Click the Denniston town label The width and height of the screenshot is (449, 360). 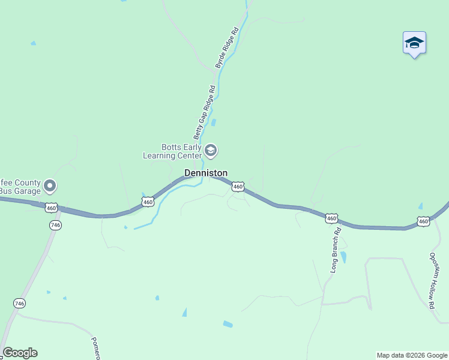tap(205, 173)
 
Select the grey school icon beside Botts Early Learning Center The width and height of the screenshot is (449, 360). tap(211, 150)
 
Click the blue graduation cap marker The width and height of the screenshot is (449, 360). tap(414, 43)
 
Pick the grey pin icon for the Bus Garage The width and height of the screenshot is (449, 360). tap(50, 186)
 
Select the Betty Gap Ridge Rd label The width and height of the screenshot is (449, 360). tap(204, 112)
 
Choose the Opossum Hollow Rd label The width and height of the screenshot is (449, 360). tap(432, 280)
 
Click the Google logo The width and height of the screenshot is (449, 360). tap(20, 353)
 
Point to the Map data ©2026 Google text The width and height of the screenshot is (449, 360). tap(412, 355)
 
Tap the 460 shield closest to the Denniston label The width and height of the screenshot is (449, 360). tap(238, 187)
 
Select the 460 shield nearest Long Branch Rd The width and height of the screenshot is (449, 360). tap(331, 218)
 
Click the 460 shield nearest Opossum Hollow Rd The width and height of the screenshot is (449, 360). tap(424, 221)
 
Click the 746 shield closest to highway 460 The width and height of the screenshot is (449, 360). tap(55, 225)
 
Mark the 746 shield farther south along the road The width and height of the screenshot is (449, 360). tap(20, 304)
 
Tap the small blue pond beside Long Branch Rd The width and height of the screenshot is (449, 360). tap(343, 257)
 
